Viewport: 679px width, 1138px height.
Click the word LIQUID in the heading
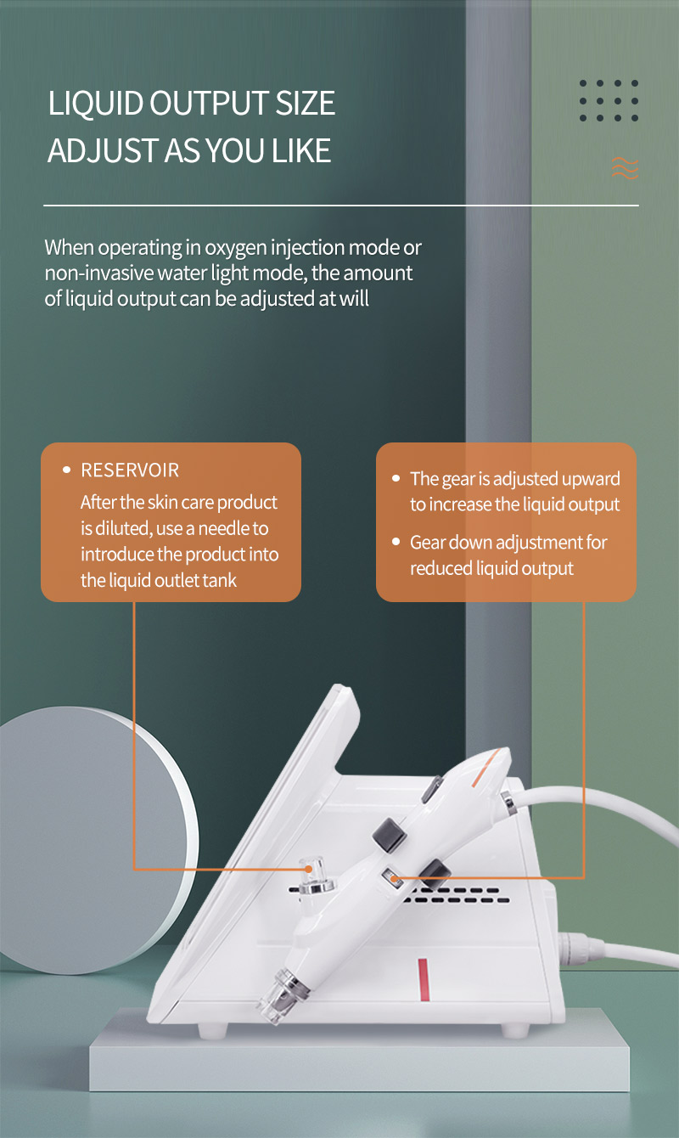point(95,104)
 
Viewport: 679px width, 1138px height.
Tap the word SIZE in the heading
point(306,103)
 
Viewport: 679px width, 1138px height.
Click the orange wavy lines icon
point(625,168)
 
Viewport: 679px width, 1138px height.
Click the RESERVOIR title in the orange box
point(130,470)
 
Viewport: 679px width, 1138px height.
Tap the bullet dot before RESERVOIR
point(66,470)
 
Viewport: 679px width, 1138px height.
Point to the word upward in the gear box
point(591,480)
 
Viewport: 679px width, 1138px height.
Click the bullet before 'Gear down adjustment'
point(396,542)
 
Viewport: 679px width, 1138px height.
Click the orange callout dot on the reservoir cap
point(308,870)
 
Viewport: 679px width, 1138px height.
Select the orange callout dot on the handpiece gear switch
point(394,878)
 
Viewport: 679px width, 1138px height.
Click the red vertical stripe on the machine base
point(423,980)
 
